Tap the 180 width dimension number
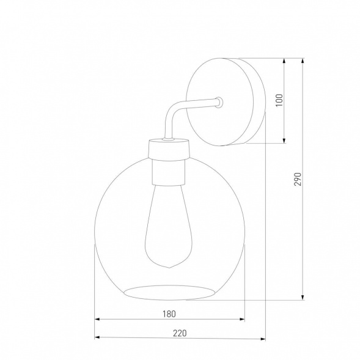(x=170, y=314)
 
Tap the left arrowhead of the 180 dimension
(x=98, y=320)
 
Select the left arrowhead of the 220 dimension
(x=98, y=338)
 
